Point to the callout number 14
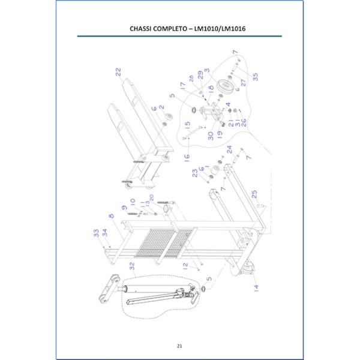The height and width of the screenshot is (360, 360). tap(256, 288)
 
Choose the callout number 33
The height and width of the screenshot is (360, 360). tap(95, 233)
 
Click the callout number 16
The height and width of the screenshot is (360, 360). tap(187, 157)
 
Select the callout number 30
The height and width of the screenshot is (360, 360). tap(211, 136)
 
